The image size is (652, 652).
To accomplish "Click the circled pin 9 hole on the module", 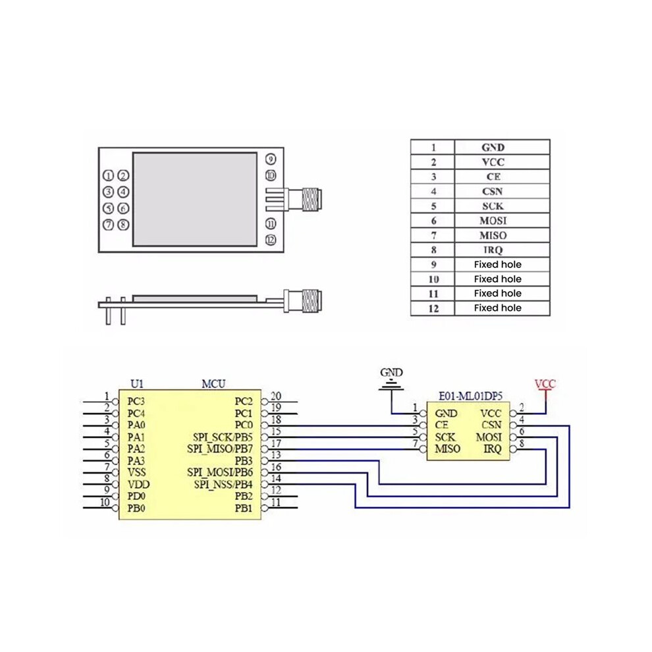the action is click(x=271, y=159).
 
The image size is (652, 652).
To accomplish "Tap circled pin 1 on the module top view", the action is click(x=108, y=176).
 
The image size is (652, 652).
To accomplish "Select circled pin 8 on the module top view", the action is click(x=123, y=225).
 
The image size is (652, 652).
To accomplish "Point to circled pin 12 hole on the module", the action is click(x=271, y=240).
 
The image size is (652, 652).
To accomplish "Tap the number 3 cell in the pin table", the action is click(x=433, y=177).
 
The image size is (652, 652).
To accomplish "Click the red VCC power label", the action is click(x=545, y=384).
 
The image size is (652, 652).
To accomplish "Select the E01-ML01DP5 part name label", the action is click(x=471, y=396).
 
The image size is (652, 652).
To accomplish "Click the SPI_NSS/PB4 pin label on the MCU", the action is click(x=223, y=485).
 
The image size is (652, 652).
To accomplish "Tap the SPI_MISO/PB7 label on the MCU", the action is click(x=220, y=449).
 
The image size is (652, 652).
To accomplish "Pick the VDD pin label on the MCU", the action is click(x=138, y=485).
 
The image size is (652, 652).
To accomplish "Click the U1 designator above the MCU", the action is click(x=137, y=384).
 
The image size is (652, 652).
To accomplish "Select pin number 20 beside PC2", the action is click(x=276, y=396).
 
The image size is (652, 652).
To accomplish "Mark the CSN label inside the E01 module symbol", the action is click(x=491, y=425).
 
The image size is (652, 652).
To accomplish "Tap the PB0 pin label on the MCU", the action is click(x=136, y=508).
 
